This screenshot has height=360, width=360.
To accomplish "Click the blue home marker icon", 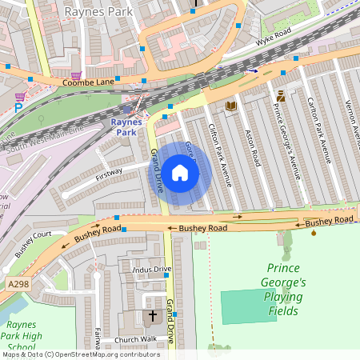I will coord(180,173).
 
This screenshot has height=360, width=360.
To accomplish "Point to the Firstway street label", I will coord(109,171).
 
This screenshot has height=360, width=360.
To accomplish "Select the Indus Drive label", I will coord(151,269).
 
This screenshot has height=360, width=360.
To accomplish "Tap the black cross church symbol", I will coord(153,317).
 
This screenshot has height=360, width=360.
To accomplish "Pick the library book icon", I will coord(231,106).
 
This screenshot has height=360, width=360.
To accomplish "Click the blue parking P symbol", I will coord(18,107).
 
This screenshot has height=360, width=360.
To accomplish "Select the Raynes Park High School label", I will coord(27,337).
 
